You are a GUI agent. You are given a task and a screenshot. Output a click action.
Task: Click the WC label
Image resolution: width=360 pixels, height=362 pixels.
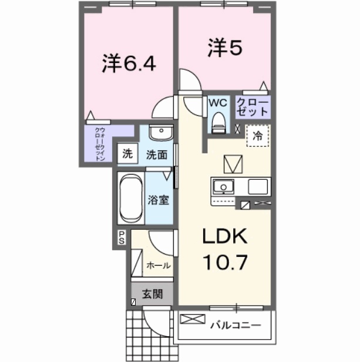(x=218, y=103)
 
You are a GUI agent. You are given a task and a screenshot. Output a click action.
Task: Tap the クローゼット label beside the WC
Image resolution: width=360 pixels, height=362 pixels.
(x=253, y=107)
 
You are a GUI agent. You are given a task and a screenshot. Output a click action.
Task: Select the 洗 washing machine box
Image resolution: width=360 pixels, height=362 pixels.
(x=126, y=155)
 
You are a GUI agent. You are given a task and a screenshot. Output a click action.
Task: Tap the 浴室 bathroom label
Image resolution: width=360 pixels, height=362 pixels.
(x=159, y=199)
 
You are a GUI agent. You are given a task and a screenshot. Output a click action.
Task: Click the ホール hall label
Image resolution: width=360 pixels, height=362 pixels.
(x=159, y=266)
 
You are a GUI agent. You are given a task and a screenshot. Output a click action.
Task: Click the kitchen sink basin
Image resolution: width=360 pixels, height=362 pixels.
(x=223, y=187)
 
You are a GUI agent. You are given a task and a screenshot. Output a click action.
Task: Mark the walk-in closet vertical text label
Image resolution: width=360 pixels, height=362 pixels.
(x=100, y=145)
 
